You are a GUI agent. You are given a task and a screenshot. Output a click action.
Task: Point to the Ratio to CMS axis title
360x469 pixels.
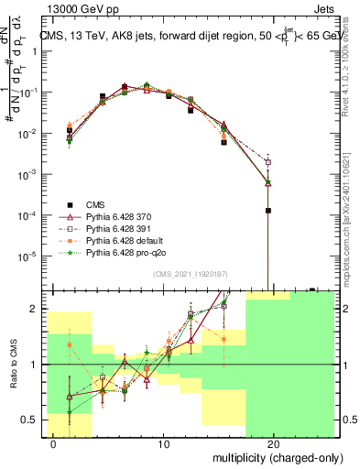click(x=12, y=365)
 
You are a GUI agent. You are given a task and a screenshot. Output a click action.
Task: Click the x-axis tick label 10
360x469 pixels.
click(x=164, y=443)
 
